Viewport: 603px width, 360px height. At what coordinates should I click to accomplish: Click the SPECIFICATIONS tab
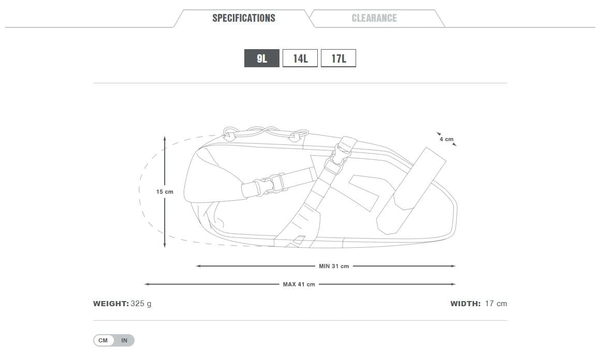(x=244, y=18)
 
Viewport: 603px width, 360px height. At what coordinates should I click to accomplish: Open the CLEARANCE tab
(x=374, y=18)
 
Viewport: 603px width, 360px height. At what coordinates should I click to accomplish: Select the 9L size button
(x=262, y=58)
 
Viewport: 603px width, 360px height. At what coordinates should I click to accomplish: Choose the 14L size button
(x=300, y=58)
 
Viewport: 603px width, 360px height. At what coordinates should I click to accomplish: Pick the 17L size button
(x=339, y=58)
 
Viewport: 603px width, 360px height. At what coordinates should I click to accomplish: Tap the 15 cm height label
(x=165, y=192)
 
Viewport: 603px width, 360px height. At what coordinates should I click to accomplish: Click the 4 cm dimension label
(x=447, y=139)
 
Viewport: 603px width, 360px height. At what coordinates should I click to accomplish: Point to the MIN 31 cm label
(x=334, y=266)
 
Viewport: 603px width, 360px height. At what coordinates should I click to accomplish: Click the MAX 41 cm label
(x=299, y=284)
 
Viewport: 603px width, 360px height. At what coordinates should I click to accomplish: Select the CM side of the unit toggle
(x=103, y=340)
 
